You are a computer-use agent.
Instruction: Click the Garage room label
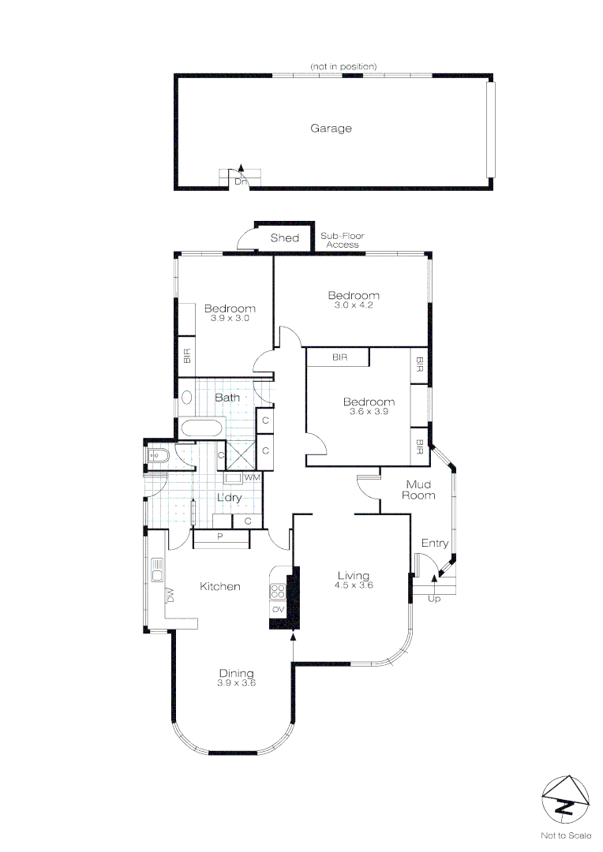coord(331,129)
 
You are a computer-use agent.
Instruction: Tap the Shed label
coord(285,238)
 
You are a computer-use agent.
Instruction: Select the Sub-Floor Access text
coord(343,241)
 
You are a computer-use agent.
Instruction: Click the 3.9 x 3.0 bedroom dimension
coord(230,318)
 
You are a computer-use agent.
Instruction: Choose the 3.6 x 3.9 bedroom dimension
coord(369,412)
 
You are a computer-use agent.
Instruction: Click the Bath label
coord(227,398)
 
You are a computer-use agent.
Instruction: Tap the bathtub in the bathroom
coord(202,428)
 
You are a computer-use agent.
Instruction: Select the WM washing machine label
coord(252,478)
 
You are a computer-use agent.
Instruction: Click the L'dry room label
coord(230,498)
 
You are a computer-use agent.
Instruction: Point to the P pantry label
coord(220,537)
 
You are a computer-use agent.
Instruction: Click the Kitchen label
coord(219,586)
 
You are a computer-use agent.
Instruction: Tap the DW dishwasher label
coord(169,596)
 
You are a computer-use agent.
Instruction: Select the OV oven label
coord(278,610)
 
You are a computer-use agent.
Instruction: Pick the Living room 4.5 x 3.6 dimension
coord(354,585)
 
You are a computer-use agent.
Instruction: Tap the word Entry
coord(435,544)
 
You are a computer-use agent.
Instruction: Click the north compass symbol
coord(565,799)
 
